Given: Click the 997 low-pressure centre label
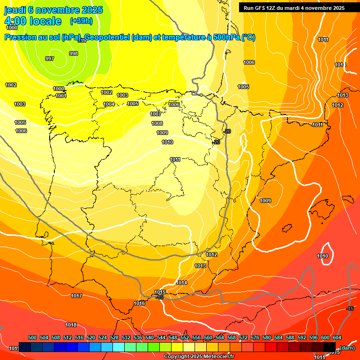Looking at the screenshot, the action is coord(50,59).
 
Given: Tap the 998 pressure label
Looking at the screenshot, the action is coord(74,53).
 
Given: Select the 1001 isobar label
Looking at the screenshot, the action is coord(61,96).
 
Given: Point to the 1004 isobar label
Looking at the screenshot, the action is coord(109,104).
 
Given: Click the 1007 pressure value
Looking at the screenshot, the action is coord(156,114).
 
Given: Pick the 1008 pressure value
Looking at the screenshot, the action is coord(157,123).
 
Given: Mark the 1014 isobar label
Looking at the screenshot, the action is coord(182,283).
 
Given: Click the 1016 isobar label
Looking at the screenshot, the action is coord(139,303).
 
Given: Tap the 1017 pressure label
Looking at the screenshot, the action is coord(76,296).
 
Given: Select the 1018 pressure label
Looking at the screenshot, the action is coord(71,325).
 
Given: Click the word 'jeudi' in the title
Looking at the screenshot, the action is coord(15,10).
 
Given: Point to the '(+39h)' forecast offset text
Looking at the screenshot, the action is coord(81,21).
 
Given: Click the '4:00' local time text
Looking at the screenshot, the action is coord(15,21).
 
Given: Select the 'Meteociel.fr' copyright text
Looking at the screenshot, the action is coord(215,357).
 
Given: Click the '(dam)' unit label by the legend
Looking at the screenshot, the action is coord(347,347).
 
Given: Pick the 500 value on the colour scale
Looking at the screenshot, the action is coord(32,337).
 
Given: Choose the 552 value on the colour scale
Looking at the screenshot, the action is coord(185,337).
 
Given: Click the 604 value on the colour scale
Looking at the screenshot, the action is coord(337,337).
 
